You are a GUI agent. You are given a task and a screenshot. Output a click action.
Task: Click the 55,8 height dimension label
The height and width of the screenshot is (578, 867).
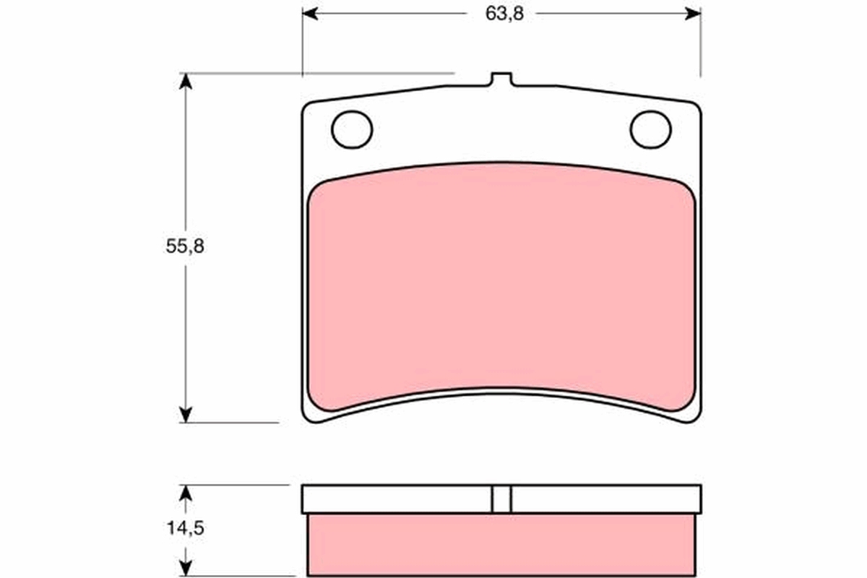coord(185,246)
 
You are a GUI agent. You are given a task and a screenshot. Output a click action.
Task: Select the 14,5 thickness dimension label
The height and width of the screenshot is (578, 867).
coord(185,528)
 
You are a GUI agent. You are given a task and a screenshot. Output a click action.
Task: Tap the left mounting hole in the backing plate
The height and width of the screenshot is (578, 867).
coord(352,129)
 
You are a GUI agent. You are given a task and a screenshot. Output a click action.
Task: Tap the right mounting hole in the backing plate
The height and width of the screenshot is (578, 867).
coord(650,129)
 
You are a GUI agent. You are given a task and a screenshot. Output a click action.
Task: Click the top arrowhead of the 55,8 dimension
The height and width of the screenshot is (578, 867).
coord(186,80)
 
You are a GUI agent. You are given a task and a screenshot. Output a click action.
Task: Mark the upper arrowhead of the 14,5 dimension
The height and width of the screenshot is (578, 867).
coord(186,492)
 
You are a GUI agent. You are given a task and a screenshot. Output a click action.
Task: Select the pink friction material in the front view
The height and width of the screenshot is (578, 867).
coord(501,282)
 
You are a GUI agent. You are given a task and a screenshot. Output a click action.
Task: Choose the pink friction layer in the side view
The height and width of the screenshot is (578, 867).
coord(501,545)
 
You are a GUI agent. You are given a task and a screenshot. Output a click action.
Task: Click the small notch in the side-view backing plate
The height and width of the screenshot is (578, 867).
coord(501,499)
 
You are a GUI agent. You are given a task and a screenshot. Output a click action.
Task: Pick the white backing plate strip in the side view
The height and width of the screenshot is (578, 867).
coord(397,499)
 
